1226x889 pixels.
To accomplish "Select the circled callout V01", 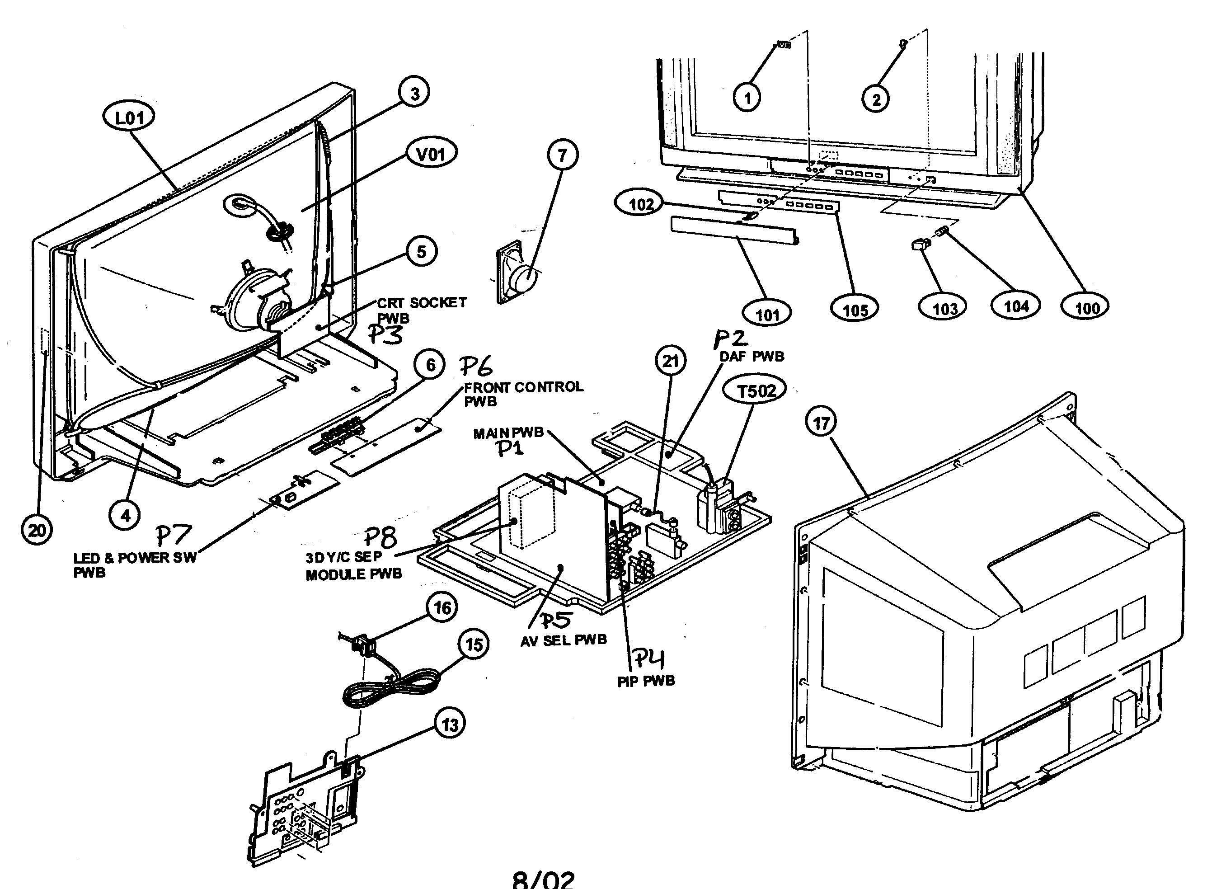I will (431, 154).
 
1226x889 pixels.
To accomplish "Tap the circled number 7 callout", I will (562, 155).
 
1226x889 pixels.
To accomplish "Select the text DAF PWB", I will (752, 356).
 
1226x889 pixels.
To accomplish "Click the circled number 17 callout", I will (821, 423).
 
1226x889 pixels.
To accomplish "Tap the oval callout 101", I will (767, 314).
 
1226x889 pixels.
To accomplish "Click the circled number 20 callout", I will (37, 530).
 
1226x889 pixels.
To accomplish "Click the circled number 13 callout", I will (450, 724).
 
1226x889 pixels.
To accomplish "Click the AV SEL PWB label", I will (563, 640).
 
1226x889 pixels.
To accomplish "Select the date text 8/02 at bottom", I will (543, 879).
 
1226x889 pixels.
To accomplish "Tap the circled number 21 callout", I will (670, 361).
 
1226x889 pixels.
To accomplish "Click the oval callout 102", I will (641, 204).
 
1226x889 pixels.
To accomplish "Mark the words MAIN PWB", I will (508, 433).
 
